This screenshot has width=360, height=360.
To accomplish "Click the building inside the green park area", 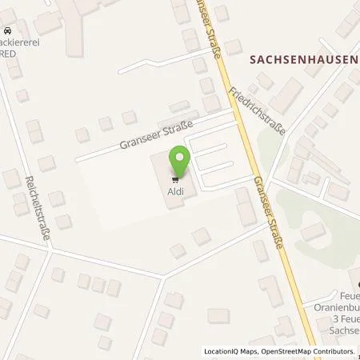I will [313, 232].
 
